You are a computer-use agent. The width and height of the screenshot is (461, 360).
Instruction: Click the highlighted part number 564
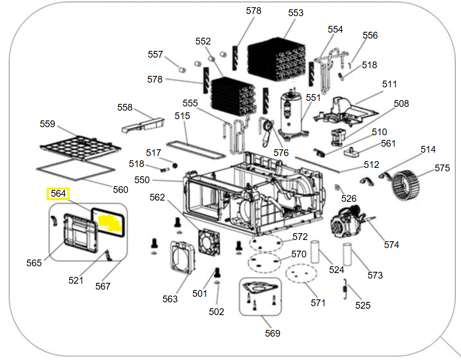58,193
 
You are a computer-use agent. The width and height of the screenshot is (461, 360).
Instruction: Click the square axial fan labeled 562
209,241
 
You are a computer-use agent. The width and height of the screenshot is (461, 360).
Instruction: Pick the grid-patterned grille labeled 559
80,148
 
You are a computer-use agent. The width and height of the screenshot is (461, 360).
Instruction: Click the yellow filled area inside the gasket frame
109,223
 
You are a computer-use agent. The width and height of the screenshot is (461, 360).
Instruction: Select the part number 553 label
295,13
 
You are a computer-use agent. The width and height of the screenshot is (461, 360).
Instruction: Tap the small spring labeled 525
345,289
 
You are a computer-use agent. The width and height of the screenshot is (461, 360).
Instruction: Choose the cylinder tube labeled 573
347,254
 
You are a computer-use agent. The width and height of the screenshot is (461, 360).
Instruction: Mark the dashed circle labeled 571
301,273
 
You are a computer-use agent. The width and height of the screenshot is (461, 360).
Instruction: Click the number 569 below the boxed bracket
272,333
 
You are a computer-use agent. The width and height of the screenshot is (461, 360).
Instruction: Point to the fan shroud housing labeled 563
183,257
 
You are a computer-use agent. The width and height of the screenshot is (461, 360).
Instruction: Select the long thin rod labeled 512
317,165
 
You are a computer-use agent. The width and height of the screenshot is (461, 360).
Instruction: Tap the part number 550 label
142,180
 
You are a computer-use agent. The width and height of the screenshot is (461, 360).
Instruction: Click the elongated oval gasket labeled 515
196,151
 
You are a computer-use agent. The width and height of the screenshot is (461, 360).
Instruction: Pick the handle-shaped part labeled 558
143,125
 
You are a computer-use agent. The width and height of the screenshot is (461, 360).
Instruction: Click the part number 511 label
389,84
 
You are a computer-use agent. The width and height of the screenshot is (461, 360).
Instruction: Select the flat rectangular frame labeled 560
75,170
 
